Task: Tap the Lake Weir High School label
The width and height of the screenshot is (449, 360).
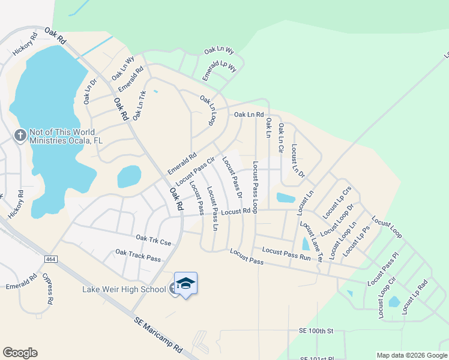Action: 124,290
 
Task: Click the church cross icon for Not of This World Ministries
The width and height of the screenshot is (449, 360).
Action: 19,135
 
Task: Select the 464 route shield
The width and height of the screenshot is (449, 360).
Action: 50,259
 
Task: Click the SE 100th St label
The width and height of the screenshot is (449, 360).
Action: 316,331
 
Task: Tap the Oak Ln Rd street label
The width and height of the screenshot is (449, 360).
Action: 249,114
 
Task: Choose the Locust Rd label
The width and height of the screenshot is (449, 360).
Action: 235,212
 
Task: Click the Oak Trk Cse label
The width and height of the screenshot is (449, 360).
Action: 153,239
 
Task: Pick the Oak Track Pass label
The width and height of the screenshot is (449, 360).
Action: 138,256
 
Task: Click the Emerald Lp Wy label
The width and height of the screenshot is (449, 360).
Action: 219,66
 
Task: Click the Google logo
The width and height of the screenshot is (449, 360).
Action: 20,353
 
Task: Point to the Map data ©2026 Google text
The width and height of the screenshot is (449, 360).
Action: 411,355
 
